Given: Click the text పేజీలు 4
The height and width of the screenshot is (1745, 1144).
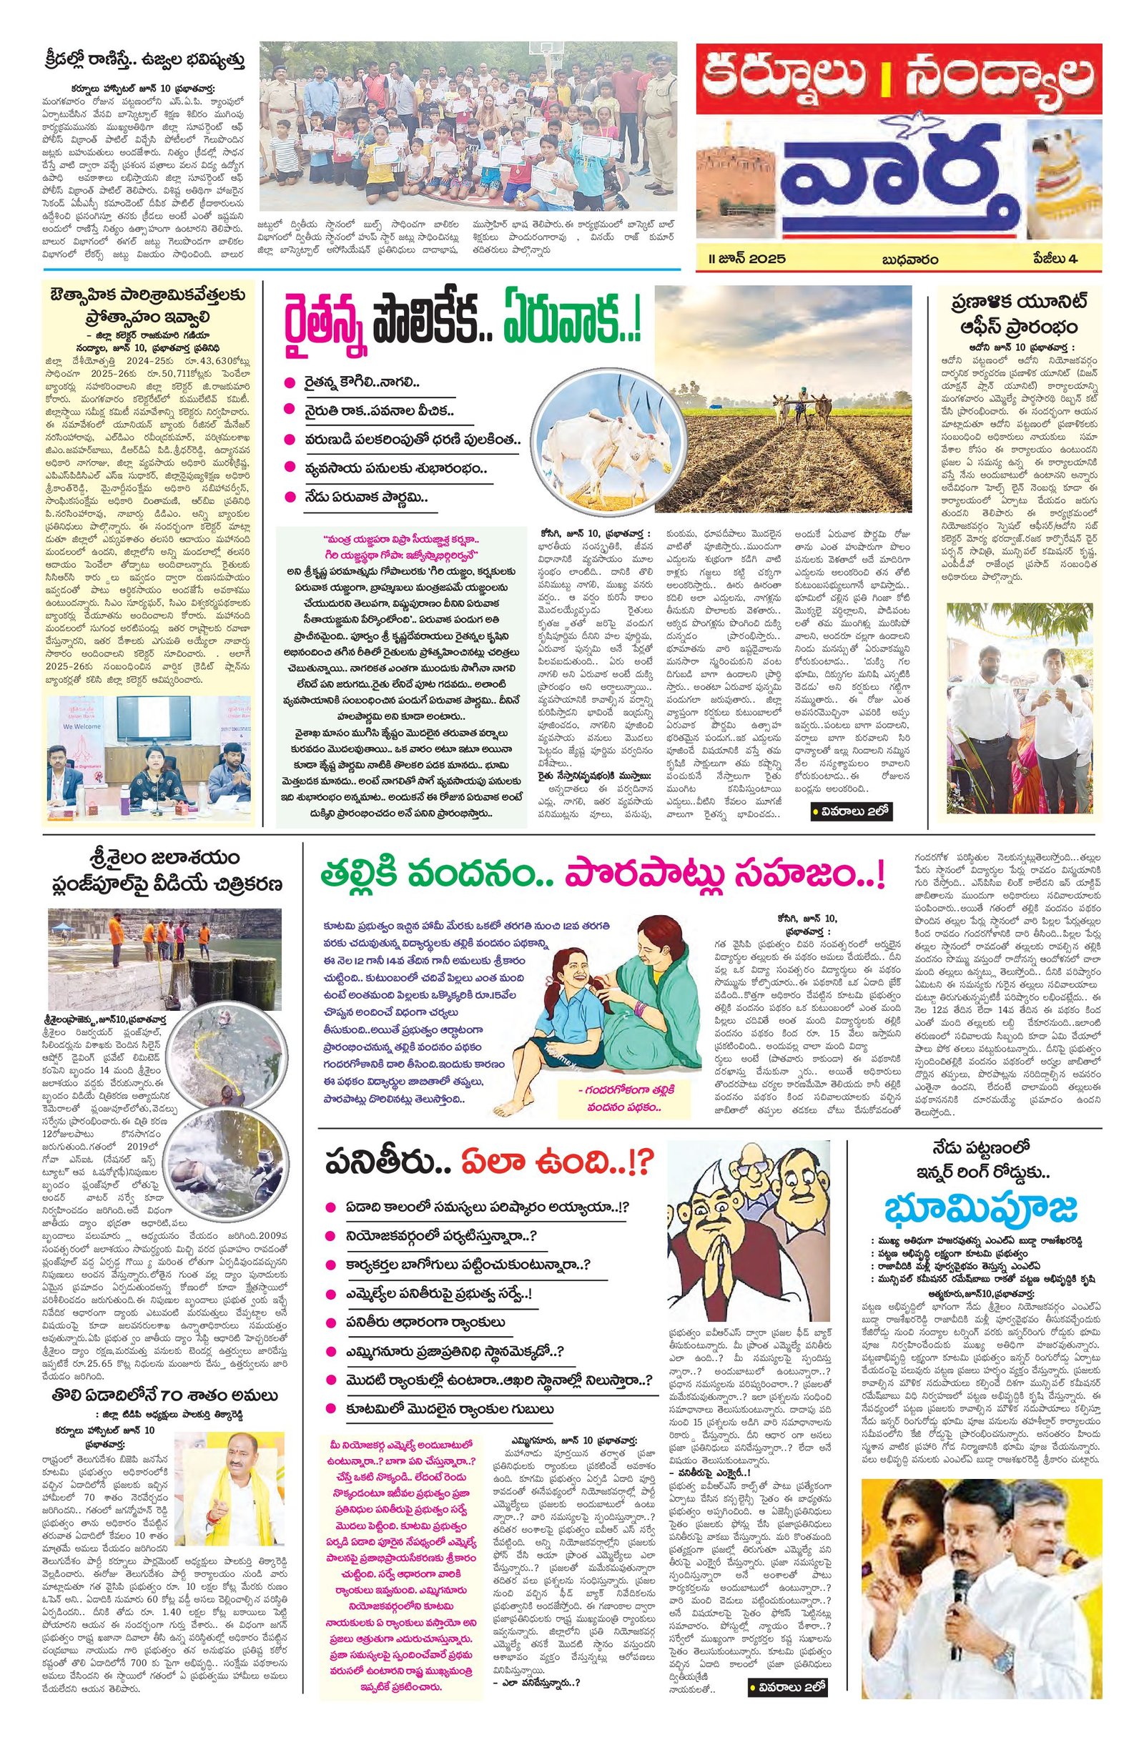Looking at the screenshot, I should click(1056, 258).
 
